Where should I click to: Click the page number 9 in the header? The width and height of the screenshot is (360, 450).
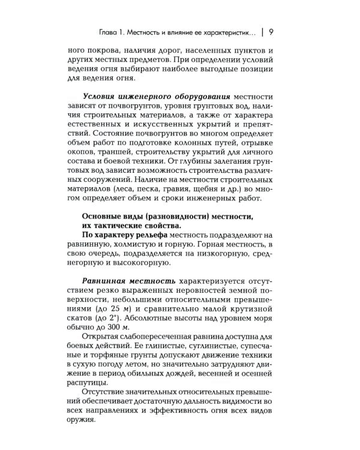[271, 31]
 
